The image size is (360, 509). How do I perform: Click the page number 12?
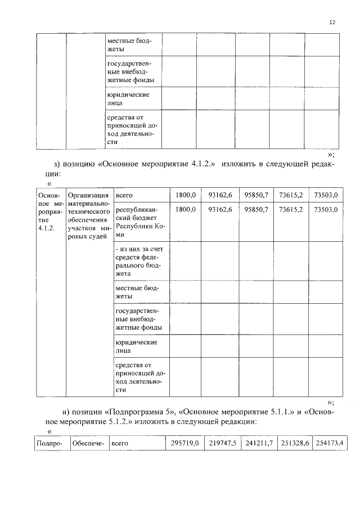[x=332, y=22]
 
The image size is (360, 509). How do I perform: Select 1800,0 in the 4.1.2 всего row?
[x=185, y=195]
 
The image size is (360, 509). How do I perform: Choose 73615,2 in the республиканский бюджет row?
[x=290, y=209]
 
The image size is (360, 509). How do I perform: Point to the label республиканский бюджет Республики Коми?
[x=139, y=221]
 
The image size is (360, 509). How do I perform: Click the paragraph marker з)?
[x=57, y=164]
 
